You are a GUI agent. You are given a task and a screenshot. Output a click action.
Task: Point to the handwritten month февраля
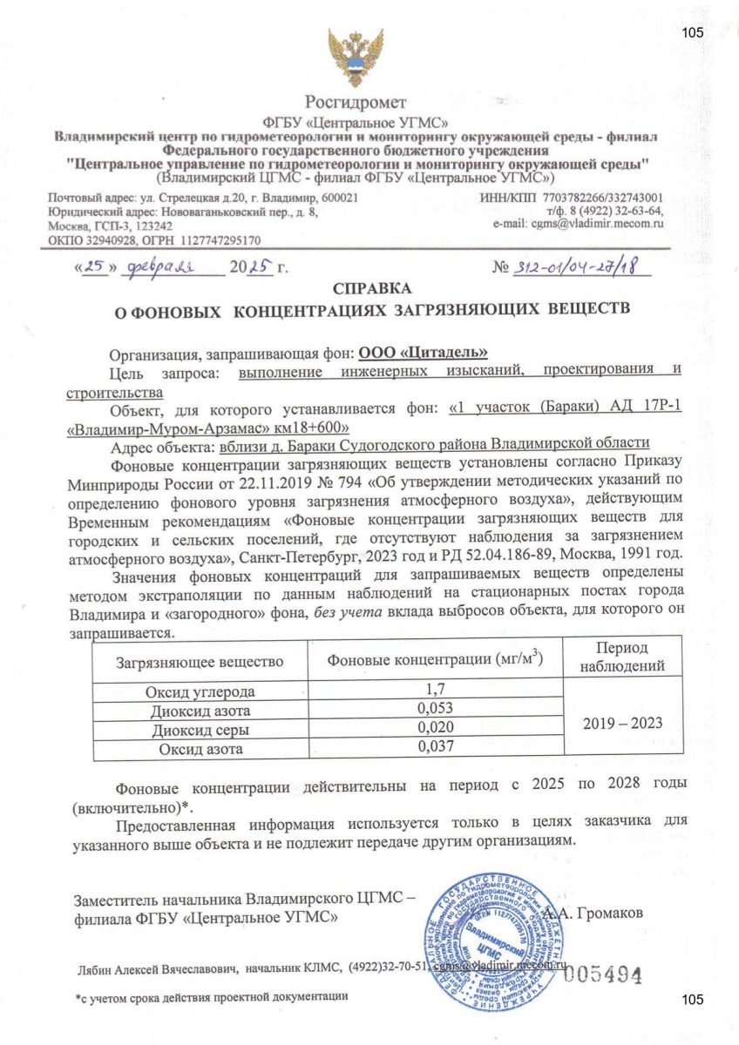[163, 266]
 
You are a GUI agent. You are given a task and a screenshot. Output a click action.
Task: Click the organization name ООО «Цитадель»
[422, 353]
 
